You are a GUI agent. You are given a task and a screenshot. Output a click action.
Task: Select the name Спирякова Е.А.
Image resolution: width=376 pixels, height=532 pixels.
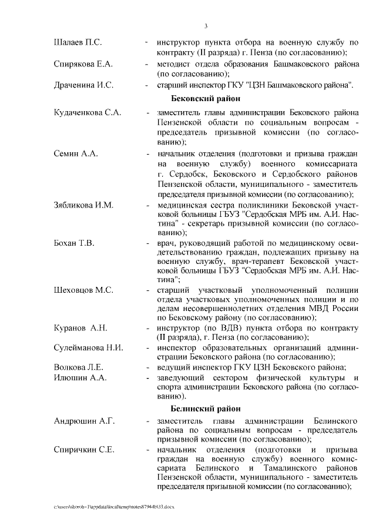click(x=83, y=63)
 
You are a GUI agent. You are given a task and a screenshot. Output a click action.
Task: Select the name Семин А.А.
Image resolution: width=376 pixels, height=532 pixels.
click(x=76, y=153)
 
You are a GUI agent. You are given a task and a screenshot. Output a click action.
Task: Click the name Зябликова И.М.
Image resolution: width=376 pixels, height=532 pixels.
click(x=83, y=205)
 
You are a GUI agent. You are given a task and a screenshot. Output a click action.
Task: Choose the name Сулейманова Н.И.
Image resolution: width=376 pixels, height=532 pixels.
click(x=88, y=347)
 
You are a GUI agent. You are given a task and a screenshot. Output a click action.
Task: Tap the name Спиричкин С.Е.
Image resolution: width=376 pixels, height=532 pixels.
click(x=84, y=450)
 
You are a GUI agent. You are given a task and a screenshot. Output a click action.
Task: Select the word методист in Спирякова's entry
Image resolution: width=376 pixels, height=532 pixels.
click(x=174, y=63)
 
